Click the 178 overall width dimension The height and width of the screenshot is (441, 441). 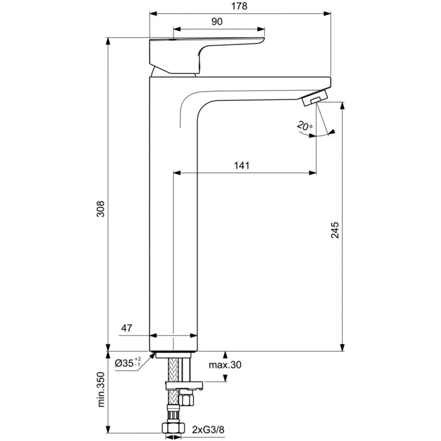pos(239,6)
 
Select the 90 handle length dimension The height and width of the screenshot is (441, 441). pos(217,22)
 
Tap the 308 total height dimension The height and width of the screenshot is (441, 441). pos(100,209)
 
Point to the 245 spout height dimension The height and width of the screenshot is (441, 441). pos(335,230)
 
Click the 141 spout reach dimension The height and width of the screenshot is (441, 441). pos(242,165)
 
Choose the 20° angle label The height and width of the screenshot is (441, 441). pos(305,126)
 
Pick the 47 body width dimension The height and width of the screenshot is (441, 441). pos(126,328)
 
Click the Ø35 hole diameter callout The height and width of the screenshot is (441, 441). pos(128,363)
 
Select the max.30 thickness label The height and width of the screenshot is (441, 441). pos(225,365)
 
